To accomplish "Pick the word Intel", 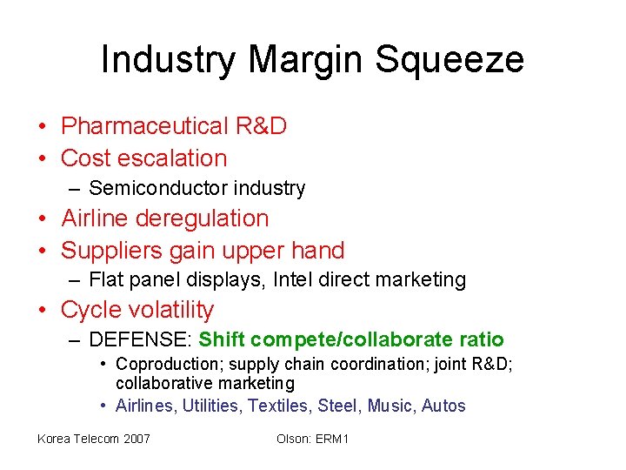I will [292, 279].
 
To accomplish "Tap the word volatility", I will [172, 310].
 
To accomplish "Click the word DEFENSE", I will [139, 339].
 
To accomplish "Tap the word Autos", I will [443, 406].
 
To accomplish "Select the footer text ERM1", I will [332, 439].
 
